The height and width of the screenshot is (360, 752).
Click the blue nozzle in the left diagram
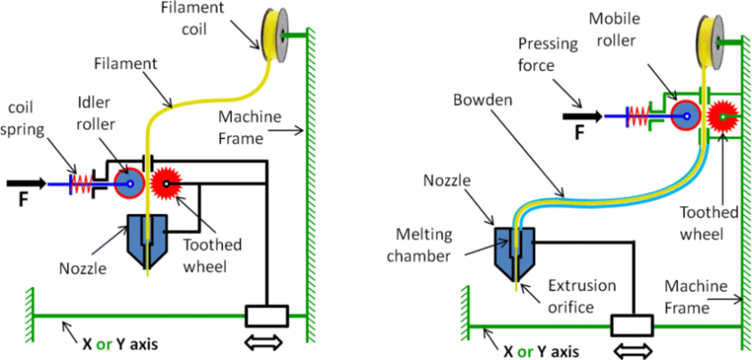[x=147, y=235]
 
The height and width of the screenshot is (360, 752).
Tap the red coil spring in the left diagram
[x=82, y=184]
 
